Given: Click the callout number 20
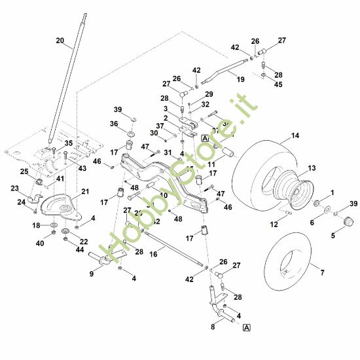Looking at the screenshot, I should tap(60, 41).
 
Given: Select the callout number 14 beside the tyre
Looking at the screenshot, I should tap(295, 135).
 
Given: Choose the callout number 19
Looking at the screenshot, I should tap(240, 79).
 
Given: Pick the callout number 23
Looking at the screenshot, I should tap(15, 188).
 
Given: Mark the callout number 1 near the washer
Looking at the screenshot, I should tap(332, 192).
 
